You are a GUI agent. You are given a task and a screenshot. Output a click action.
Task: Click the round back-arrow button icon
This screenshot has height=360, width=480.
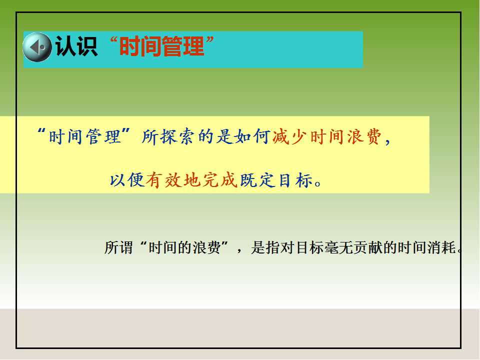coord(37,47)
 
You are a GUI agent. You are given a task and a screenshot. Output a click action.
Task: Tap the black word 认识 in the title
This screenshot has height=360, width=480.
coord(76,46)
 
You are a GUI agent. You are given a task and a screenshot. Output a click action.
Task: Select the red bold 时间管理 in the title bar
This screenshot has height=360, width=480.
coord(161,46)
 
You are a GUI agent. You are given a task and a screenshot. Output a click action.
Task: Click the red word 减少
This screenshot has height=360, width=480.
coord(289,136)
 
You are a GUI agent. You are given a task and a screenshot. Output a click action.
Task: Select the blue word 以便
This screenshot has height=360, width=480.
coord(126,179)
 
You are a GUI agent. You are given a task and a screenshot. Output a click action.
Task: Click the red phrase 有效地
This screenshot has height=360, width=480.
coord(173,179)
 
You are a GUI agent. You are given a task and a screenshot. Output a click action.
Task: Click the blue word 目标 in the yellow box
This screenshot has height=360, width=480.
coord(295,179)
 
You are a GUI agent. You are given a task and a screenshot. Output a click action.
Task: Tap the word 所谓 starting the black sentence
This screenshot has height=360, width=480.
coord(119,247)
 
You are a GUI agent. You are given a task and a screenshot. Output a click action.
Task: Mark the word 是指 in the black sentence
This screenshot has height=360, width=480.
coord(265,247)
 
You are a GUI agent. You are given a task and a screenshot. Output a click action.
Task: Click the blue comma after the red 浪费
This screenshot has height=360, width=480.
coord(387,141)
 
